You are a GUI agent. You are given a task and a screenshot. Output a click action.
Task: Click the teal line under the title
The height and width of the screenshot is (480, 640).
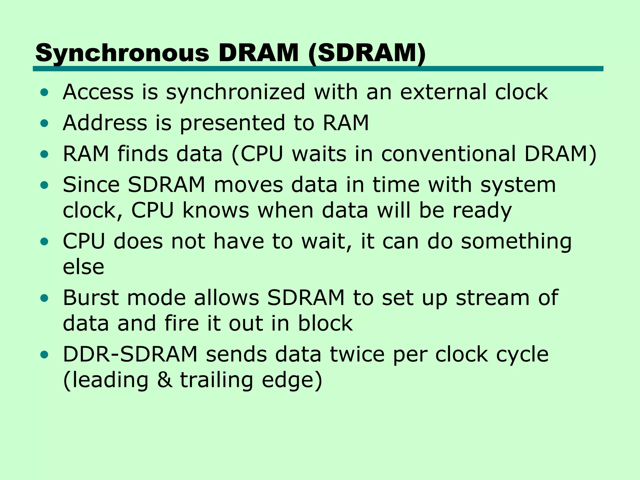coord(318,69)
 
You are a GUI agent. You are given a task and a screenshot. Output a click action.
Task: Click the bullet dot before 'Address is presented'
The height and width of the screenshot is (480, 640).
coord(44,123)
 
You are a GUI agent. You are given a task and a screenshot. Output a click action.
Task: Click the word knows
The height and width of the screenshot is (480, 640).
coord(216,210)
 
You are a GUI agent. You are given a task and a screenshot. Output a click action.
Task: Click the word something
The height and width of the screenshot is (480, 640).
coord(516,242)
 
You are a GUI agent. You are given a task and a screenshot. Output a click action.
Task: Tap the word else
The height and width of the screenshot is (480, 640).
coord(83,267)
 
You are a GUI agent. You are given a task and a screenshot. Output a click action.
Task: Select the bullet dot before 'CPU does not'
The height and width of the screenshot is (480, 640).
coord(44,242)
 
